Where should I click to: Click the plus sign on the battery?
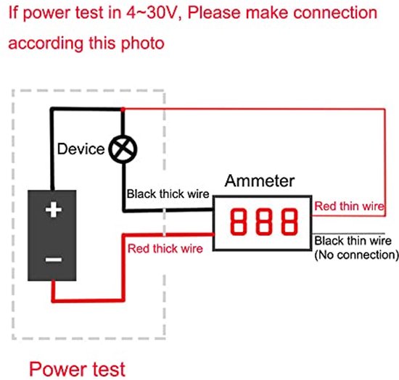click(x=54, y=210)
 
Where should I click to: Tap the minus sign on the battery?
click(x=54, y=260)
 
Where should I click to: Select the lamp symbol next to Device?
click(x=123, y=149)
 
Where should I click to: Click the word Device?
click(x=81, y=149)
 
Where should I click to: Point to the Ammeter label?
click(x=260, y=181)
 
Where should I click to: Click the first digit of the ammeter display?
click(x=239, y=221)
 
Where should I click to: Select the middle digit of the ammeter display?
click(x=264, y=221)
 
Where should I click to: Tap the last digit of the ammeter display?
click(x=289, y=221)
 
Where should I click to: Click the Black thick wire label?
click(x=168, y=194)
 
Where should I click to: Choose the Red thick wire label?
click(x=165, y=249)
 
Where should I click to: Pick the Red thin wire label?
click(x=349, y=206)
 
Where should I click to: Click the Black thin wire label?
click(x=353, y=241)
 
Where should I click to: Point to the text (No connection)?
click(x=356, y=255)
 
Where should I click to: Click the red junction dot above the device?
click(x=123, y=110)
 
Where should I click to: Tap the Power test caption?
click(x=78, y=369)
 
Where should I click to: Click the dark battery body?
click(x=52, y=235)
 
